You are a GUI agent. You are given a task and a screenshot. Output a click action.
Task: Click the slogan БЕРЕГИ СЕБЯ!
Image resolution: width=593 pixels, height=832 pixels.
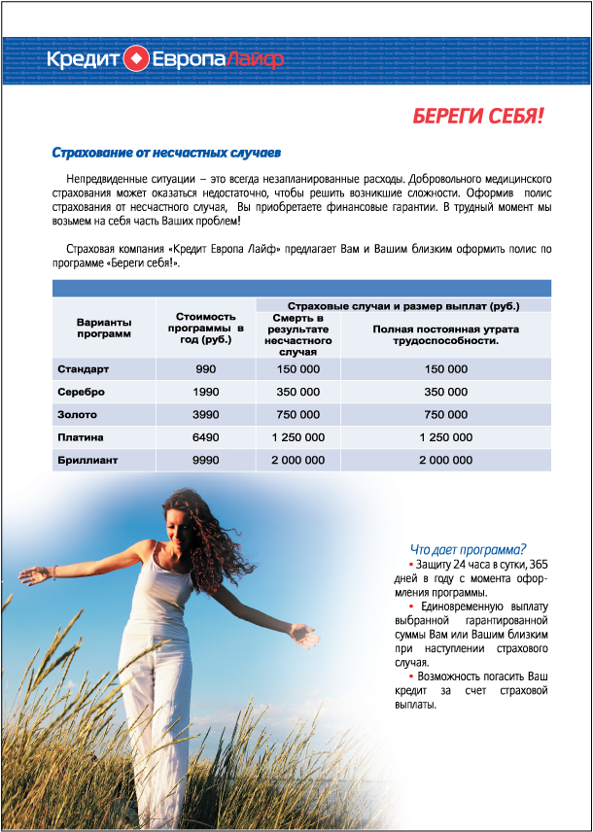tap(477, 117)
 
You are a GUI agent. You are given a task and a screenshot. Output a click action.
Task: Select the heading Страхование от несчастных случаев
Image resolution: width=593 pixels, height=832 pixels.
tap(165, 153)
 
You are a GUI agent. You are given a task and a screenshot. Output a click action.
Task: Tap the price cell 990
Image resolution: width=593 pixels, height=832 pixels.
tap(205, 369)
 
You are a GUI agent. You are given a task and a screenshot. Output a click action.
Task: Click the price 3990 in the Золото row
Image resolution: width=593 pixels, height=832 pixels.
tap(205, 415)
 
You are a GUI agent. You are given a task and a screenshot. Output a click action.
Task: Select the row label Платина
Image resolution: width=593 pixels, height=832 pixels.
tap(81, 437)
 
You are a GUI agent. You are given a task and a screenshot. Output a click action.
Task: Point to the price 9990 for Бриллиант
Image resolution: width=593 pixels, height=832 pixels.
tap(205, 460)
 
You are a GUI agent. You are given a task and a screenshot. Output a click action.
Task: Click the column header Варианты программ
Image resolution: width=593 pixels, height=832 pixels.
tap(103, 328)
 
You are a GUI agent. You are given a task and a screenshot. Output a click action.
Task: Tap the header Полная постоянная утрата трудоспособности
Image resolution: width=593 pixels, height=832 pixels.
tap(445, 335)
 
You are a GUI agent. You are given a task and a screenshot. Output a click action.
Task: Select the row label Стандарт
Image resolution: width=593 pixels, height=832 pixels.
tap(84, 369)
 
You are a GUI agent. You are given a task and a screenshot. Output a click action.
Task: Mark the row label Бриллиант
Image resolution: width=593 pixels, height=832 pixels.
tap(87, 460)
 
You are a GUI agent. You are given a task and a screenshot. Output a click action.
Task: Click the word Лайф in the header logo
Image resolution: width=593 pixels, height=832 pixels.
tap(260, 60)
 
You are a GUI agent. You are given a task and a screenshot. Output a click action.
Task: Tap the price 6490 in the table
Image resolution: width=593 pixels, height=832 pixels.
tap(205, 437)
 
